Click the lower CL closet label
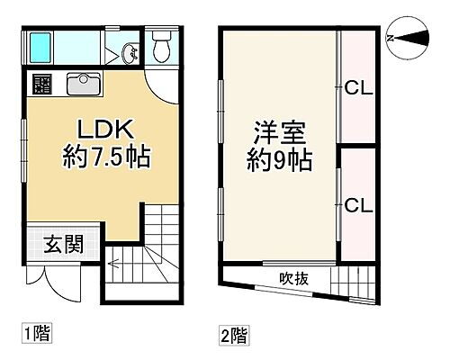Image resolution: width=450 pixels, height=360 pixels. pos(359,205)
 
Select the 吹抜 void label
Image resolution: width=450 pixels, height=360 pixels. pos(293,278)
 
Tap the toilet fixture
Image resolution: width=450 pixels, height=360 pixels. pos(163,47)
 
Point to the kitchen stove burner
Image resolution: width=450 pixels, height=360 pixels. pos(43,85)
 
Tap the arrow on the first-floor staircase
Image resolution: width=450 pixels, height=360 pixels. pos(115,265)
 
